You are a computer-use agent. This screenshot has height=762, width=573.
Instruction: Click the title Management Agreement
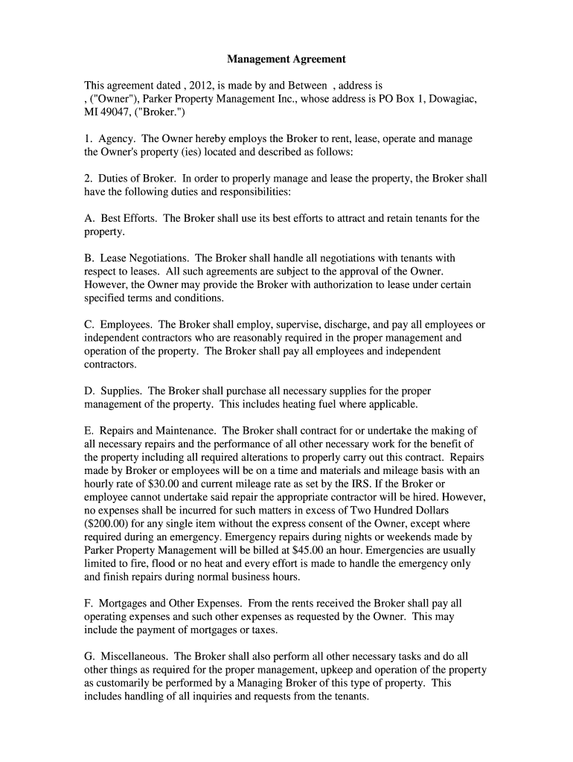286,58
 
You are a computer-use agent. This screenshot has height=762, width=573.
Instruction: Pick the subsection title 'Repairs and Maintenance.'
158,430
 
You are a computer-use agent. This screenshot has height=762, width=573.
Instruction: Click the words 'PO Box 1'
407,99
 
